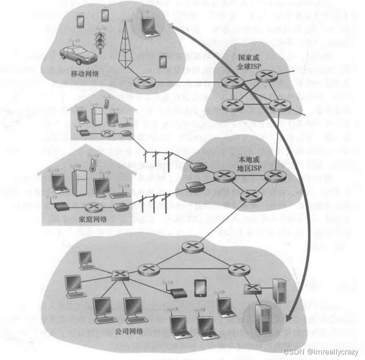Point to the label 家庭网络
point(93,219)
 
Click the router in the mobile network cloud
point(143,82)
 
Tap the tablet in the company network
point(200,288)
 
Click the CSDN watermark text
point(320,352)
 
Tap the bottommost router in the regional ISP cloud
point(252,195)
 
